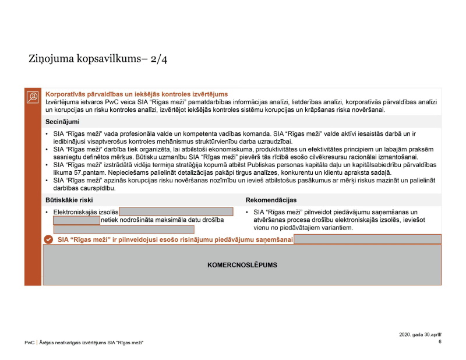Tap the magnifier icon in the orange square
pyautogui.click(x=33, y=97)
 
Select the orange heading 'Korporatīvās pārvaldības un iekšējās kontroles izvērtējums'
pyautogui.click(x=136, y=94)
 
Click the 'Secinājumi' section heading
pyautogui.click(x=62, y=122)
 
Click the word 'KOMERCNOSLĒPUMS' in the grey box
pyautogui.click(x=242, y=264)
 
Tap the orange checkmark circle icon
pyautogui.click(x=49, y=239)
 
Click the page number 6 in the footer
pyautogui.click(x=440, y=342)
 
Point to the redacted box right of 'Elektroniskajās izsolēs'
pyautogui.click(x=176, y=211)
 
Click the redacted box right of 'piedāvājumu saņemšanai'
pyautogui.click(x=367, y=239)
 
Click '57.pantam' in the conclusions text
pyautogui.click(x=86, y=173)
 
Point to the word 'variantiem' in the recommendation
pyautogui.click(x=336, y=228)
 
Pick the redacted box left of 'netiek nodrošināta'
pyautogui.click(x=76, y=220)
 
